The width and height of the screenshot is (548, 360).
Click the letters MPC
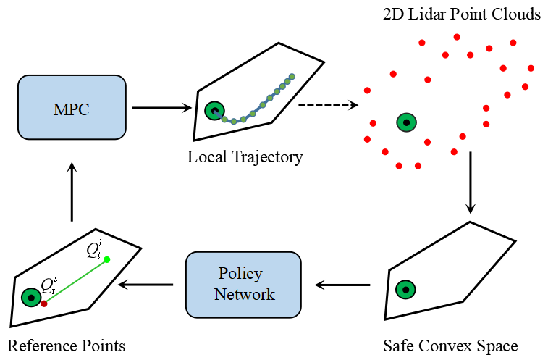pos(72,110)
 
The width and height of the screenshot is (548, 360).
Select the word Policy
pos(240,274)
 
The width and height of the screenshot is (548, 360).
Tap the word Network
pos(245,295)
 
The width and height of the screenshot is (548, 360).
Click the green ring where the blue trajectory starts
pos(214,111)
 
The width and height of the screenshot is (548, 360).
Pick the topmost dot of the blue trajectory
pos(292,76)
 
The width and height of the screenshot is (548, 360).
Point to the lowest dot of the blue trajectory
pos(234,122)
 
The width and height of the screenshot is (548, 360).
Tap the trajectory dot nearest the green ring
pos(224,119)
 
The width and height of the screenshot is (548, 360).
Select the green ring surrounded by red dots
pos(407,123)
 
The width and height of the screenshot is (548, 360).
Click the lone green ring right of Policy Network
pos(406,290)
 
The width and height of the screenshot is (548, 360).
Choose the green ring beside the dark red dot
pos(31,298)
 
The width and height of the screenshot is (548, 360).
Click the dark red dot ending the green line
pos(44,304)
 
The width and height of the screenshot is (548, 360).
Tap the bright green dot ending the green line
pos(107,259)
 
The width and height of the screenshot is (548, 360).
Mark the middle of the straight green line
pos(75,282)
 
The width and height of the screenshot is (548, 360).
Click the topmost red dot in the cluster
pos(457,37)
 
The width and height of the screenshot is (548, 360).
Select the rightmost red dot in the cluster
pos(531,68)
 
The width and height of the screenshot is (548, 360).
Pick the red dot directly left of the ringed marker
pos(373,123)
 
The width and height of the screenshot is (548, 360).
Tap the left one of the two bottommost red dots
pos(399,166)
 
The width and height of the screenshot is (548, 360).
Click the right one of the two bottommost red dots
pos(418,166)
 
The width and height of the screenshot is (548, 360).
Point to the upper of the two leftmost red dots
pos(367,91)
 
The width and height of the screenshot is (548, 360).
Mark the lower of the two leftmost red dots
pos(367,139)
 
